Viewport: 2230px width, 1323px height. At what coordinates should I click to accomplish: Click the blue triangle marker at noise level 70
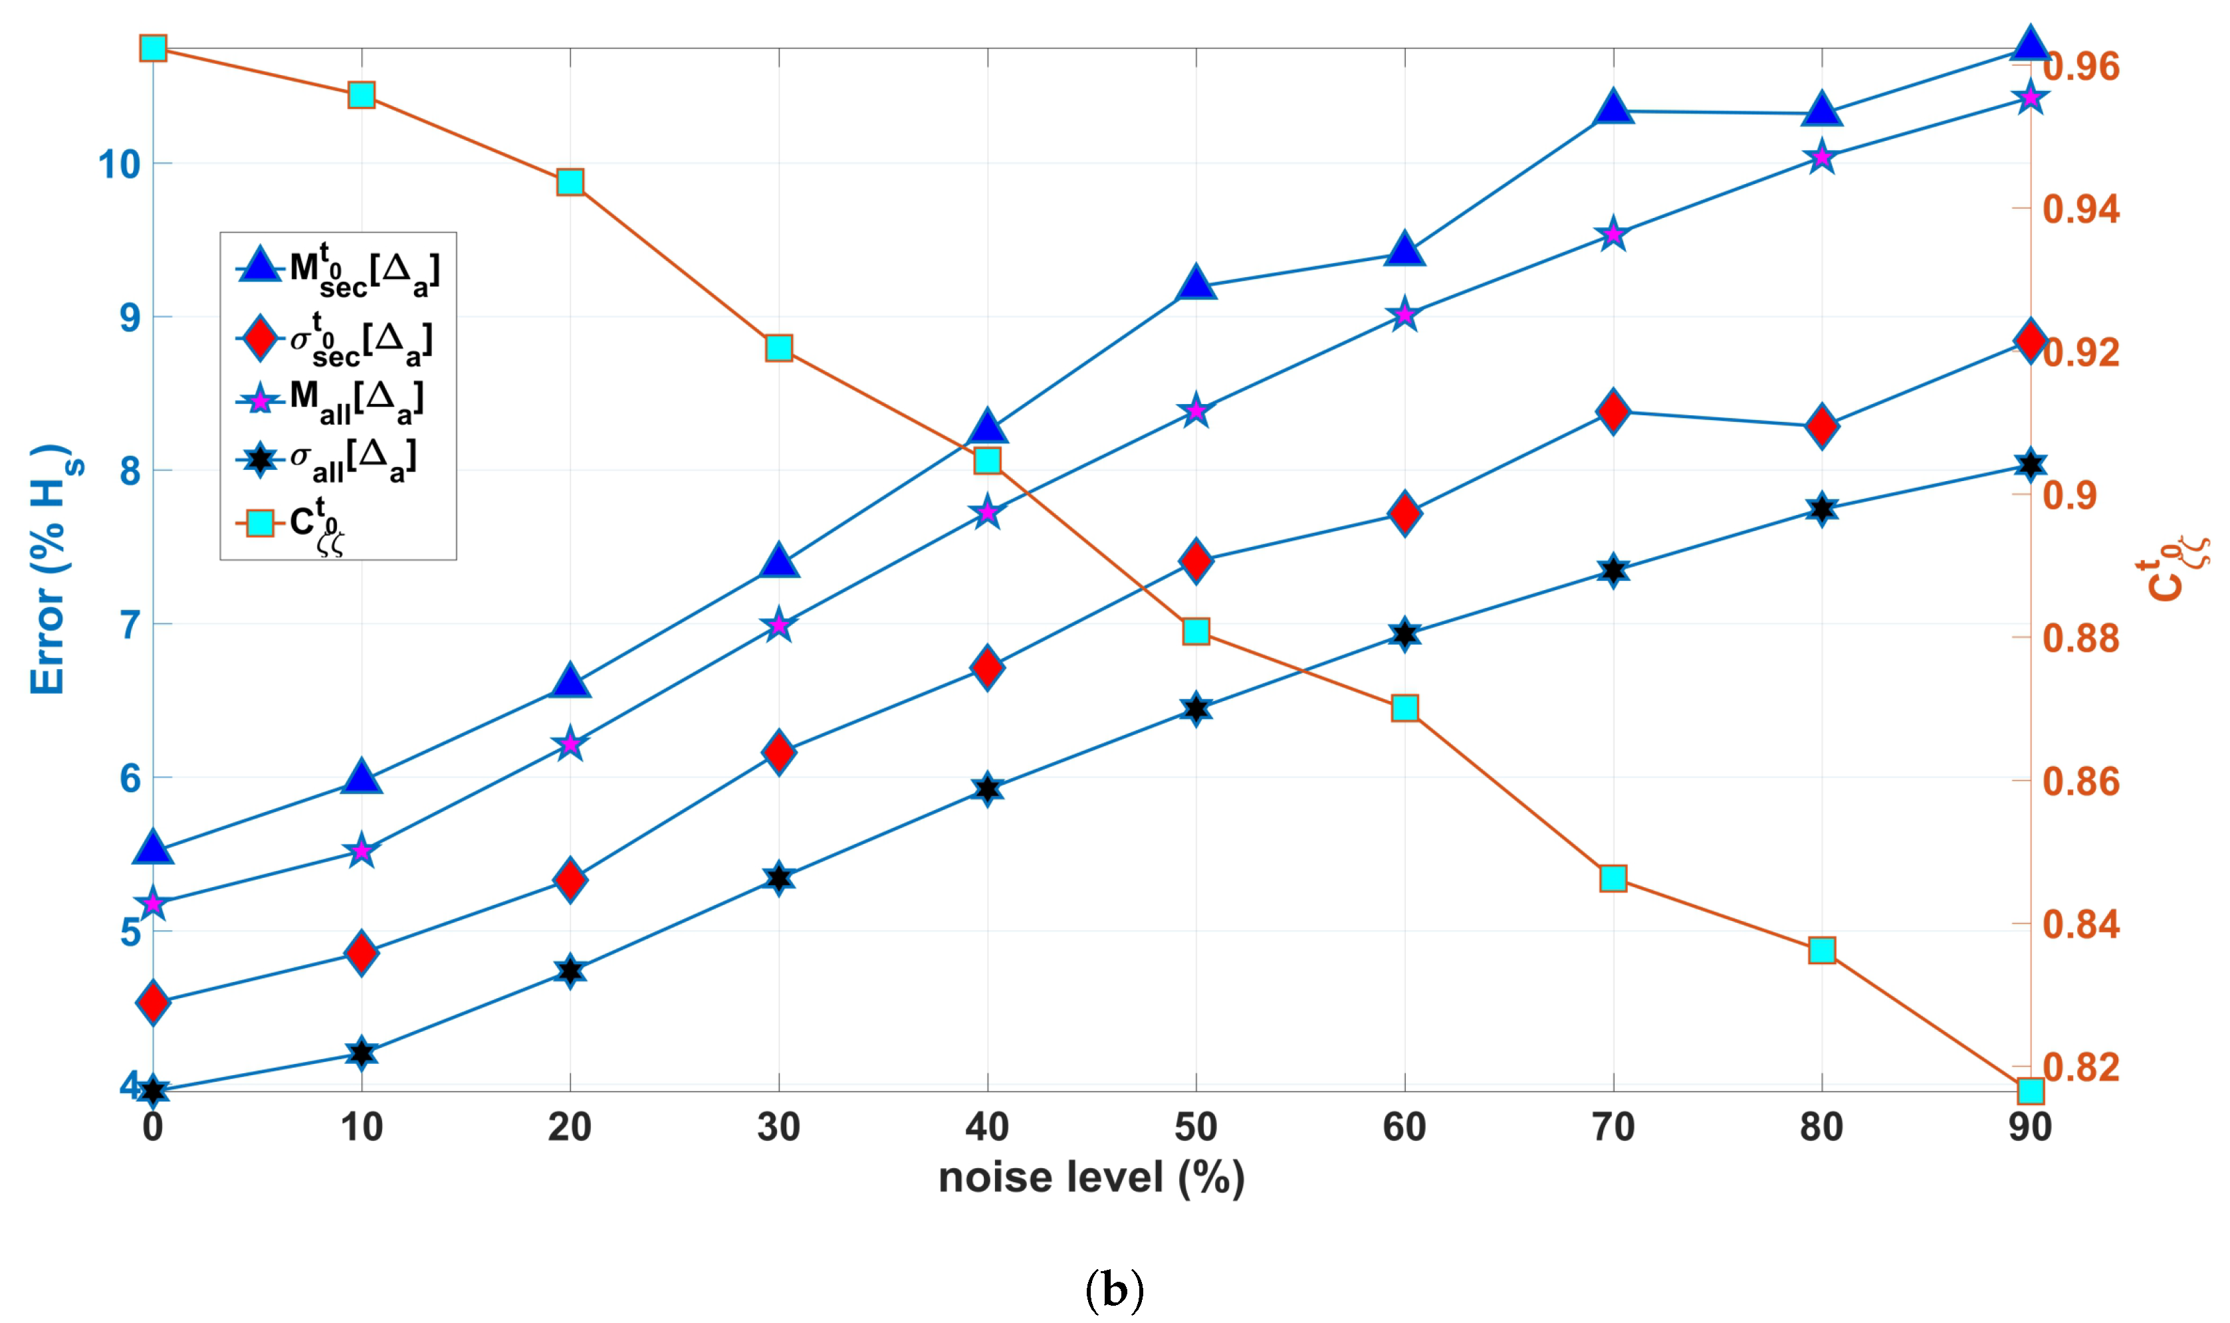1613,108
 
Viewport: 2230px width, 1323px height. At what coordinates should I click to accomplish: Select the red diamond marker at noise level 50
1196,561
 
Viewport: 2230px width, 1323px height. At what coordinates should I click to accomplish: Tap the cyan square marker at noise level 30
778,348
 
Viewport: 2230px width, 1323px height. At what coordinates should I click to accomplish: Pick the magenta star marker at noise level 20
570,744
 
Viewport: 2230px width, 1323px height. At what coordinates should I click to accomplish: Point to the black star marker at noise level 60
1404,635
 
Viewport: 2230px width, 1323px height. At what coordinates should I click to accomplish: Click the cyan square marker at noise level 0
154,47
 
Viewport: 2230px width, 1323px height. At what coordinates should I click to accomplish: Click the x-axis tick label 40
986,1128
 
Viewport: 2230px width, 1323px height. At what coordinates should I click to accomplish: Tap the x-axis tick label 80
1821,1128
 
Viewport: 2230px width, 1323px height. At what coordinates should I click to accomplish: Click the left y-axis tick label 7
130,625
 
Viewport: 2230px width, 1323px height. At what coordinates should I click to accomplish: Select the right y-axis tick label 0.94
2080,209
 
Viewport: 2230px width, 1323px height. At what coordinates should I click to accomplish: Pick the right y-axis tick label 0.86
2080,782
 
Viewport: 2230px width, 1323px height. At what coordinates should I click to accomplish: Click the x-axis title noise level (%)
1091,1177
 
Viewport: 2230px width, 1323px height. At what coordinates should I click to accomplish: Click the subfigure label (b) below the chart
1113,1289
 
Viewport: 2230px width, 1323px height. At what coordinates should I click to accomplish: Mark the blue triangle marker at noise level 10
361,777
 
